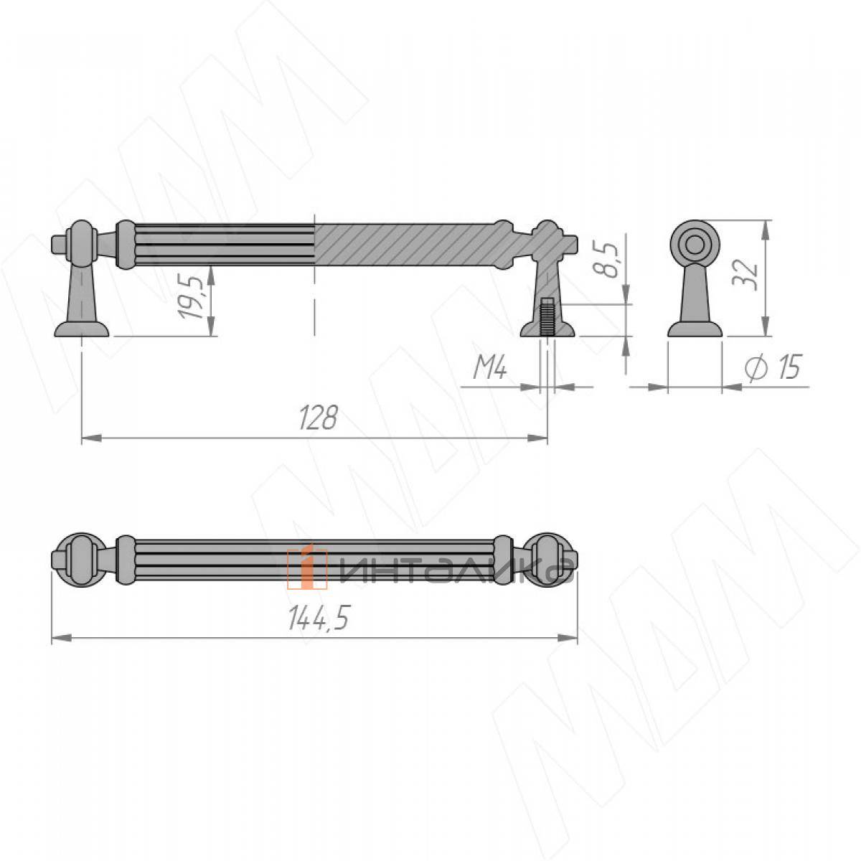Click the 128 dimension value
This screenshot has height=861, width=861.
pos(318,418)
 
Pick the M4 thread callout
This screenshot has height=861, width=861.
pos(490,369)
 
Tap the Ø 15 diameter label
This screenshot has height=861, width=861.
pos(774,368)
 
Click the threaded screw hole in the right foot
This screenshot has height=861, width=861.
pos(547,317)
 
